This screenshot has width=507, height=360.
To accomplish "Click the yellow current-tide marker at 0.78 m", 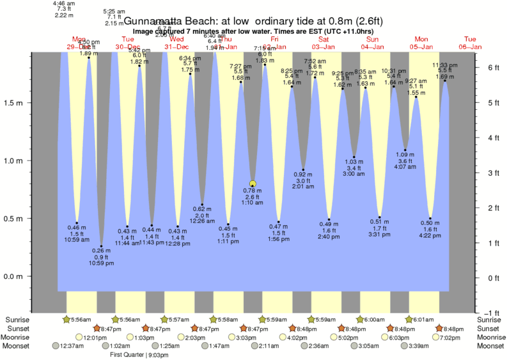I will (x=253, y=184).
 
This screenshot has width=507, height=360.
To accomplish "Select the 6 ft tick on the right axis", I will (x=487, y=67).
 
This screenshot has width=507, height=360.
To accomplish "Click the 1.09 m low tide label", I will (x=405, y=155).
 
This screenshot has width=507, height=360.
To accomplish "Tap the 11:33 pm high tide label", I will (x=445, y=65).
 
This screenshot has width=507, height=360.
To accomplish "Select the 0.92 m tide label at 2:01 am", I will (x=303, y=174).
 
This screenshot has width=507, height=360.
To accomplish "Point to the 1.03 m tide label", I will (x=354, y=162).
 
